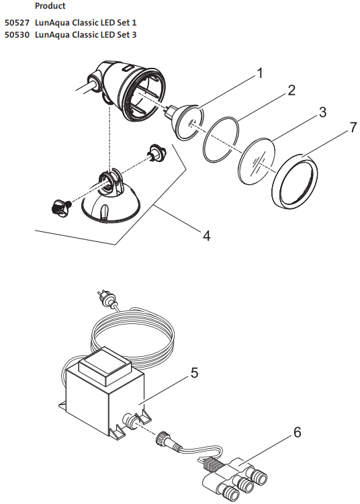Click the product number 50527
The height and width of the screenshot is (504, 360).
17,23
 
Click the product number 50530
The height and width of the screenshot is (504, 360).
17,35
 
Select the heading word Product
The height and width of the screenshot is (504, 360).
50,6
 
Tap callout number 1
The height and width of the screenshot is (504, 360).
260,73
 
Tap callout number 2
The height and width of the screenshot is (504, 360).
291,90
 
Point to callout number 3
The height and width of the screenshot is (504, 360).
322,112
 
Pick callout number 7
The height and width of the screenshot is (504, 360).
353,128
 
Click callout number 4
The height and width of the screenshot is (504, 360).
206,236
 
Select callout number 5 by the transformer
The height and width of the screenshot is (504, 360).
194,373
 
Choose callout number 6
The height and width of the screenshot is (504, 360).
298,432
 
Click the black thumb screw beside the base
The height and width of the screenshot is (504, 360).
61,207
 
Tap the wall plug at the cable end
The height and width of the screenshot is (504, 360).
106,298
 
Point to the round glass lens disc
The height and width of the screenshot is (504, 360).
257,161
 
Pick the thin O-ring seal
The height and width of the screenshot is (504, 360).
221,140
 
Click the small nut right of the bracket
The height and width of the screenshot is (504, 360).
157,152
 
